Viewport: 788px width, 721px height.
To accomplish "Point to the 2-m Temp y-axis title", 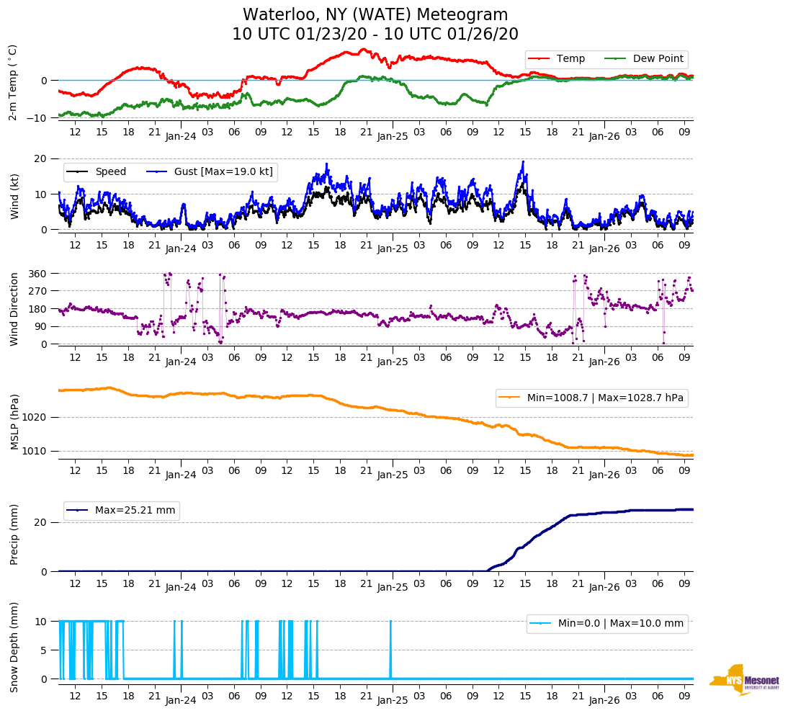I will click(13, 82).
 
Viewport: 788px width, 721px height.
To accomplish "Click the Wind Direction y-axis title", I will click(14, 308).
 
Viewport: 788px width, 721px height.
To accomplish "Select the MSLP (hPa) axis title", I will click(14, 422).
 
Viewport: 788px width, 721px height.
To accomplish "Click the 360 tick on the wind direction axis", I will click(38, 274).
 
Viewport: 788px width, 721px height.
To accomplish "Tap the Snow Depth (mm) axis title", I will click(14, 647).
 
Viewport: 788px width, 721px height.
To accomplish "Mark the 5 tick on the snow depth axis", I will click(44, 650).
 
